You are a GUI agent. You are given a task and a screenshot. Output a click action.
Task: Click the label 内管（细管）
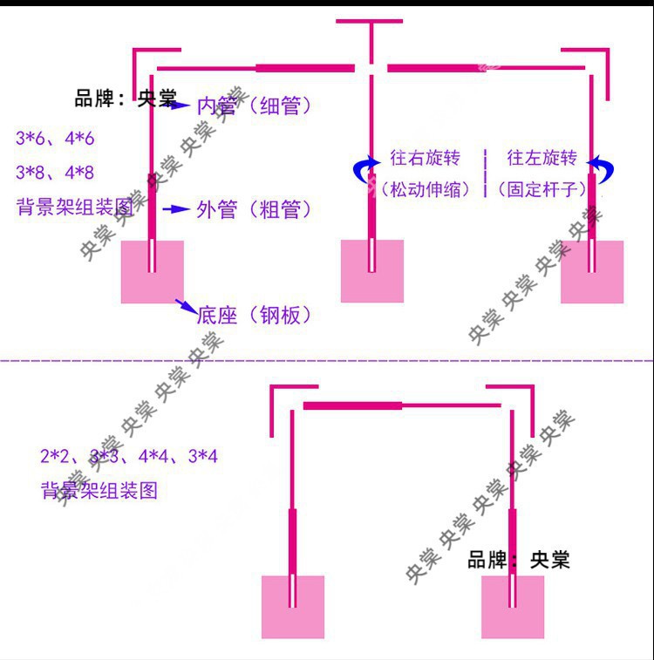click(x=254, y=106)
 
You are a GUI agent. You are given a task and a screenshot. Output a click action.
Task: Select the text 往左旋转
click(x=542, y=158)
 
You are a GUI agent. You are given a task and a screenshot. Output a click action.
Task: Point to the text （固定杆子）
click(x=541, y=188)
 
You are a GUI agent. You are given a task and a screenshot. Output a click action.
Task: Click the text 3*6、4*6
click(x=55, y=139)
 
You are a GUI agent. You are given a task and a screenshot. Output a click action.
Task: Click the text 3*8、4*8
click(x=55, y=173)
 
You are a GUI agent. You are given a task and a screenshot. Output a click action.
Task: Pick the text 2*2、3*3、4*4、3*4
click(x=128, y=456)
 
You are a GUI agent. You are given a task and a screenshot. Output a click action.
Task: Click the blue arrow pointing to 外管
click(x=177, y=209)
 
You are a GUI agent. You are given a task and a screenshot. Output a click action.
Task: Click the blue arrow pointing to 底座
click(x=186, y=305)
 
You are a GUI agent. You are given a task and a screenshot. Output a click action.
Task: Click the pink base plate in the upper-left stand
click(x=153, y=272)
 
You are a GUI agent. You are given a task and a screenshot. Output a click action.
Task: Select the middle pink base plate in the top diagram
click(x=372, y=271)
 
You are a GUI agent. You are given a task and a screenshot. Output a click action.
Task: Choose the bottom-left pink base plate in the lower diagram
click(x=293, y=607)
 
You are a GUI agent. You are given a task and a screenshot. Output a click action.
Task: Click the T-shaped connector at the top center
click(x=372, y=35)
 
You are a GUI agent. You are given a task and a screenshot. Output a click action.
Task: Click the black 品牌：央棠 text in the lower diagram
click(x=519, y=560)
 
